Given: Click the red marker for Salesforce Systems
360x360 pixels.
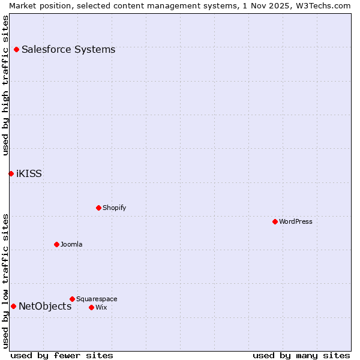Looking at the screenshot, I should (x=16, y=49).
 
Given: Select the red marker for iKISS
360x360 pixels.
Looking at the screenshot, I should (x=11, y=173).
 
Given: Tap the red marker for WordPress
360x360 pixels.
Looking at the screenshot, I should (x=275, y=221).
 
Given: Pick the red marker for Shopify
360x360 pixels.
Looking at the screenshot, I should (x=98, y=208).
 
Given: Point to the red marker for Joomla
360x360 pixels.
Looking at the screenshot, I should (x=56, y=244).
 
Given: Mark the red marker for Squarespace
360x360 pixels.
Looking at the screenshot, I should (x=72, y=299).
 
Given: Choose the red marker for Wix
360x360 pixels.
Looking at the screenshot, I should (x=91, y=307).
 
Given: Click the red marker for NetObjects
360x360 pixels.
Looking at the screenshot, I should (x=13, y=306).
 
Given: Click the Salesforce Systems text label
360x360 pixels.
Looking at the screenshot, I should (x=68, y=49).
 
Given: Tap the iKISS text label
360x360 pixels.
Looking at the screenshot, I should (x=29, y=174).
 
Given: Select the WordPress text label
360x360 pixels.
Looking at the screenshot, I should (x=296, y=221).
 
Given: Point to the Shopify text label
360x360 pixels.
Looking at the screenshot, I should (x=114, y=208).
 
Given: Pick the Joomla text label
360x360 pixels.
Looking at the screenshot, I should (x=71, y=244).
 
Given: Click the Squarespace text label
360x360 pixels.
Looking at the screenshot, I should (x=97, y=299).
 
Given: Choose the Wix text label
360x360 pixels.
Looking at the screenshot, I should (x=101, y=307).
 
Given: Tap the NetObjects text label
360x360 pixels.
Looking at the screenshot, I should (x=45, y=307).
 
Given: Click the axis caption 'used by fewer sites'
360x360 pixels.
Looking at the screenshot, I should (x=62, y=355).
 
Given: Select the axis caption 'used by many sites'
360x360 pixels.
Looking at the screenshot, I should (x=301, y=355).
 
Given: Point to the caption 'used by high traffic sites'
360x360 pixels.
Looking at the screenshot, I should (x=6, y=85).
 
